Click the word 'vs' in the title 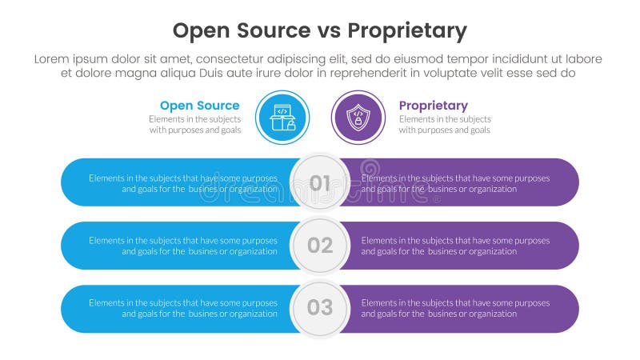point(330,32)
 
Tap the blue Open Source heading point(199,106)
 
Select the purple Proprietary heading point(433,106)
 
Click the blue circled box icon point(282,118)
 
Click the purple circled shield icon point(358,118)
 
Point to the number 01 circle point(320,182)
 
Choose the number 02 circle point(320,246)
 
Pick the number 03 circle point(320,308)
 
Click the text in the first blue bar point(183,183)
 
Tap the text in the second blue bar point(183,246)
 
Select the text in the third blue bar point(183,308)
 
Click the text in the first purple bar point(455,183)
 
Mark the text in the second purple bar point(455,246)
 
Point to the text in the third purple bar point(455,308)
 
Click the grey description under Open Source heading point(194,125)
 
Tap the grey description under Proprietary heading point(445,125)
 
